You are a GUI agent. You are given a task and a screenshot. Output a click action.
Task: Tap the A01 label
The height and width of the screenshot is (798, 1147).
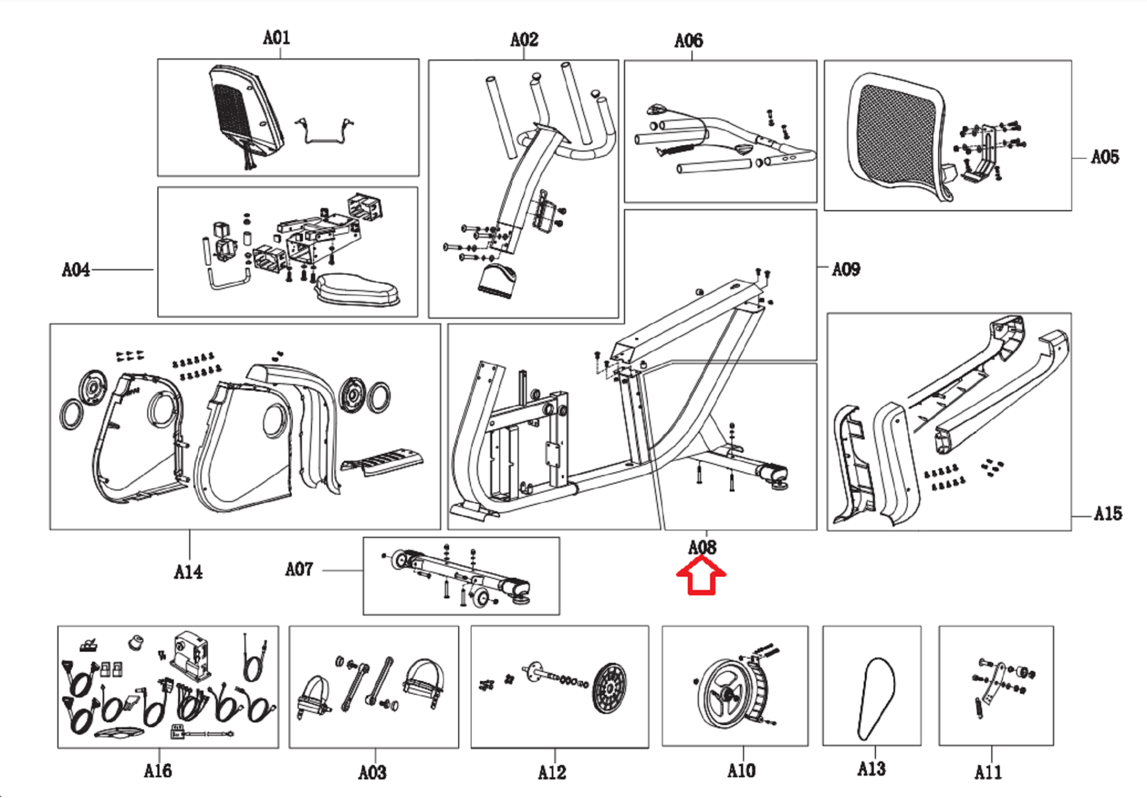[277, 38]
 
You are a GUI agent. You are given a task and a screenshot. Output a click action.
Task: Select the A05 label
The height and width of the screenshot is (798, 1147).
[1104, 157]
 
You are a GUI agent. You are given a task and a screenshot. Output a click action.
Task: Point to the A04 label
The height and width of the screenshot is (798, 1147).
[76, 270]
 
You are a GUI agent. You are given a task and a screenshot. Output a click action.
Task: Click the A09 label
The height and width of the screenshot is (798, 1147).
[846, 269]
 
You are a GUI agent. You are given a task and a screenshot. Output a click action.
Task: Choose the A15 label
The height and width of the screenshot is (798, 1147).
[1108, 513]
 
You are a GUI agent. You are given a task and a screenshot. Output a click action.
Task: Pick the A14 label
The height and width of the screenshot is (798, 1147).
[188, 572]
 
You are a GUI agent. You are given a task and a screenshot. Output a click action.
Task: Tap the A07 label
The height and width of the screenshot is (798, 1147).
[299, 569]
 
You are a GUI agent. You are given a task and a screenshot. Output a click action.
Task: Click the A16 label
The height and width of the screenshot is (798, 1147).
[158, 771]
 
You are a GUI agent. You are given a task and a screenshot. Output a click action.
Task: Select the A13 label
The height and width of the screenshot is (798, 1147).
[871, 768]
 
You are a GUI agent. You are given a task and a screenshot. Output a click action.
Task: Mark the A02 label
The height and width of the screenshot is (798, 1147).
[524, 39]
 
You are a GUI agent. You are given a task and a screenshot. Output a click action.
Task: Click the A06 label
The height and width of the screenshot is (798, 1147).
[688, 40]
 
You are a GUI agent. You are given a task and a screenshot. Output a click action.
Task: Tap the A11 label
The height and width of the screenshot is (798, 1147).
[988, 772]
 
